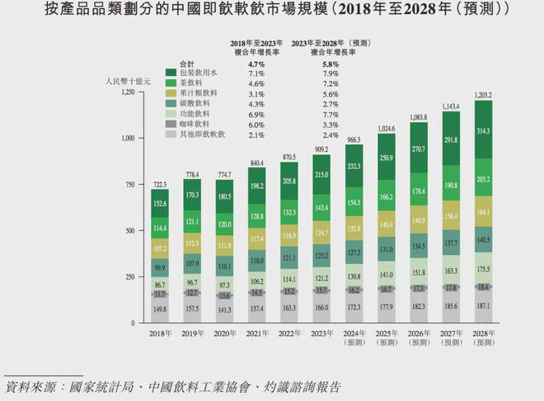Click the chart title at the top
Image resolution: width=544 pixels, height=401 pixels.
[x=272, y=12]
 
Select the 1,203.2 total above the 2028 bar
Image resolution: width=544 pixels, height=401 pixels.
[x=484, y=96]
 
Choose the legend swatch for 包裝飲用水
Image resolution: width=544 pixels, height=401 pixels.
[x=171, y=73]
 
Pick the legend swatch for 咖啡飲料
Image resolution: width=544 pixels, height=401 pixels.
[x=171, y=124]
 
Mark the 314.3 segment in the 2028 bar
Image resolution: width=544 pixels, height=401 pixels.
[x=484, y=130]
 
